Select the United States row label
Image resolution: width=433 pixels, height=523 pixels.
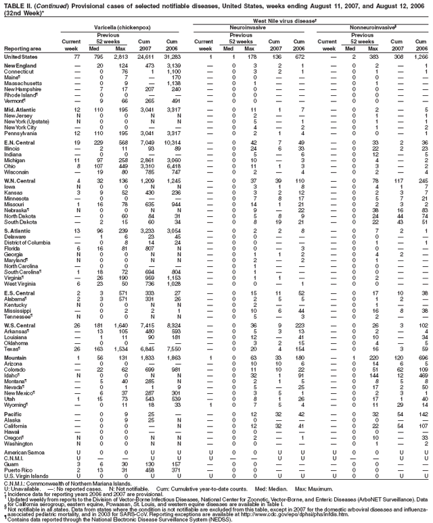21,57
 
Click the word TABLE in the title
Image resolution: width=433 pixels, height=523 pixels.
13,4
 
